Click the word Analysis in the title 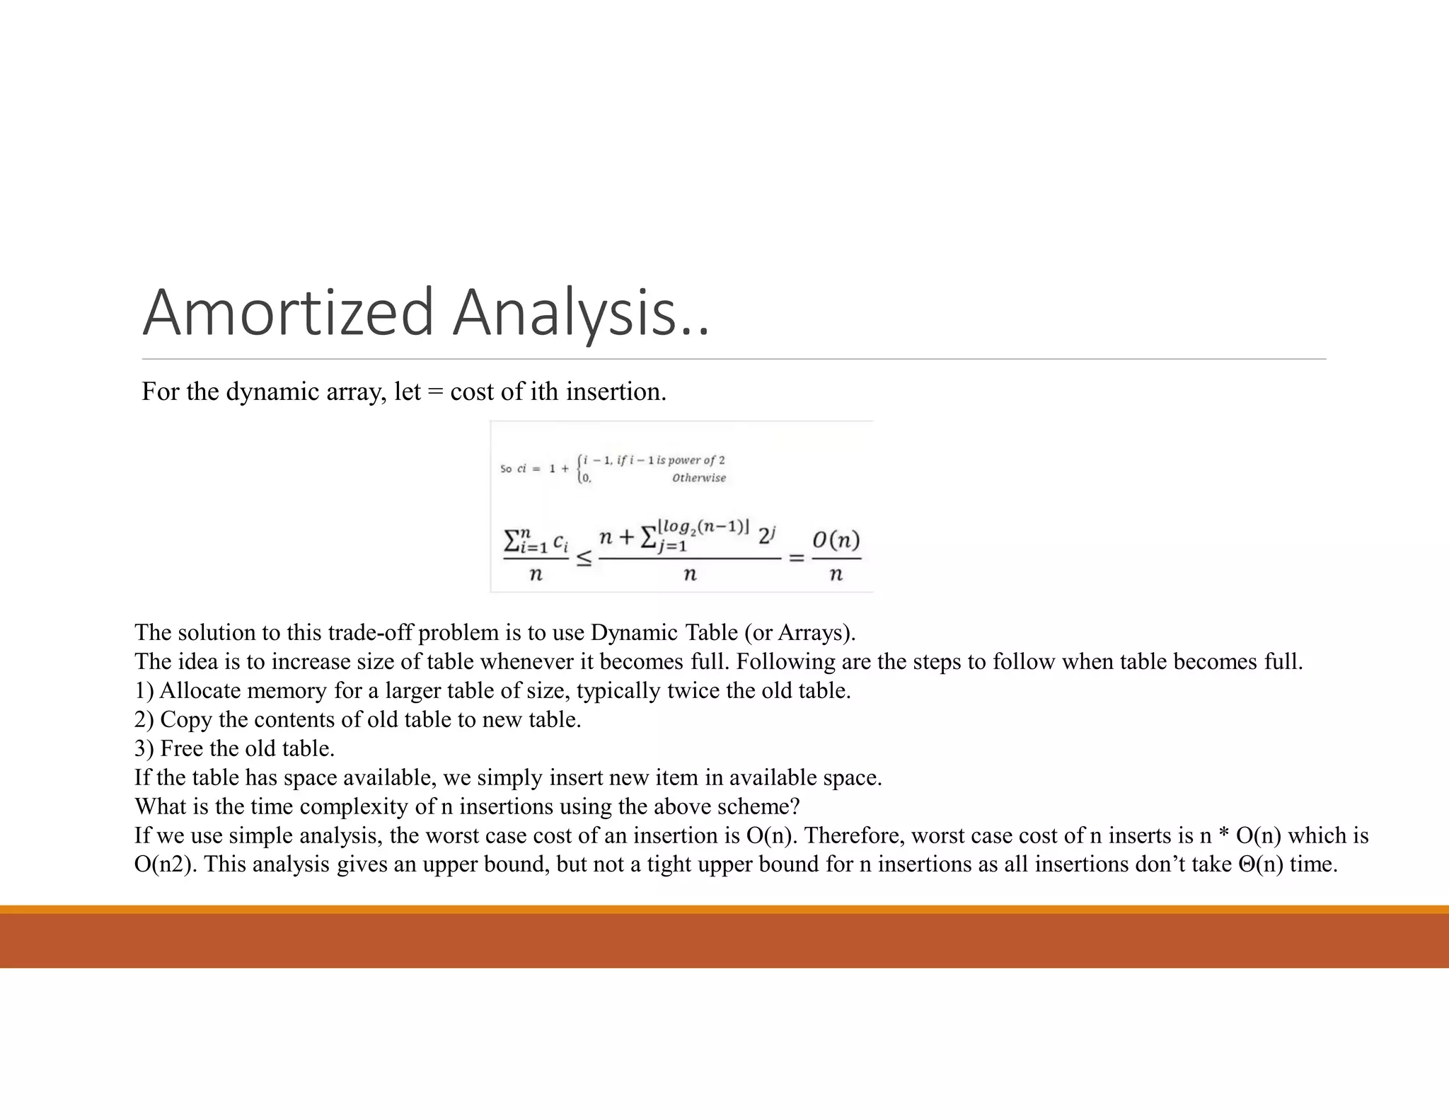pyautogui.click(x=565, y=312)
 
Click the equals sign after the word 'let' pyautogui.click(x=436, y=392)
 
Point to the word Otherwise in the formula pyautogui.click(x=698, y=478)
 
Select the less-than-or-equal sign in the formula pyautogui.click(x=584, y=559)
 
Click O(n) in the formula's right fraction pyautogui.click(x=836, y=541)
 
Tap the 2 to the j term pyautogui.click(x=767, y=536)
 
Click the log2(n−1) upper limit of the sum pyautogui.click(x=703, y=527)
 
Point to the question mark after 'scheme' pyautogui.click(x=795, y=806)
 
